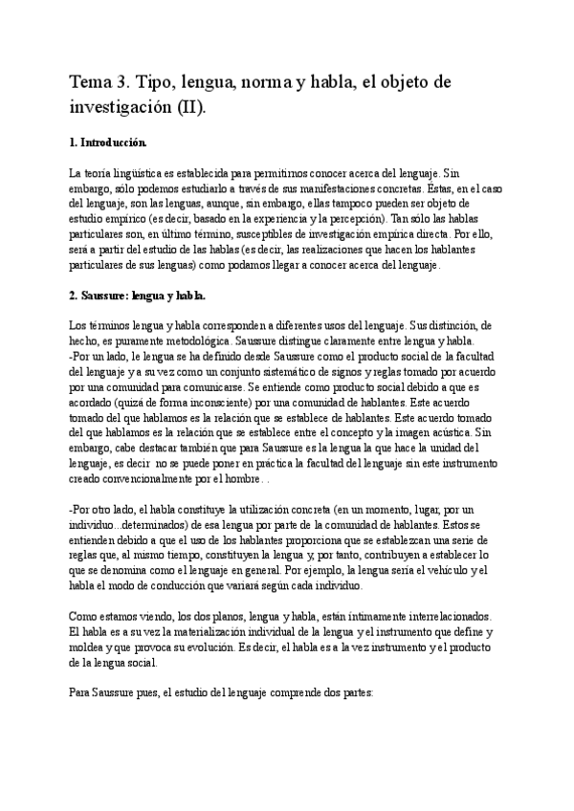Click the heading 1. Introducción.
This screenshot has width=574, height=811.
[109, 142]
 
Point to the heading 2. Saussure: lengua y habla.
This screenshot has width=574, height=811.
[138, 296]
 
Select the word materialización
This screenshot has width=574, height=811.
[226, 632]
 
